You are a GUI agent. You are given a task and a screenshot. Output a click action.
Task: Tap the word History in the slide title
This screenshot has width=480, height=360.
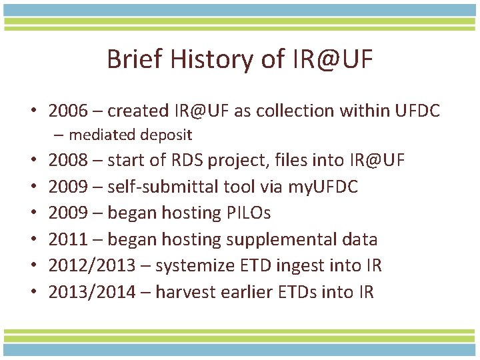tap(213, 60)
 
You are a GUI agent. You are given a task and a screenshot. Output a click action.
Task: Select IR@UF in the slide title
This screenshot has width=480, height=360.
tap(331, 60)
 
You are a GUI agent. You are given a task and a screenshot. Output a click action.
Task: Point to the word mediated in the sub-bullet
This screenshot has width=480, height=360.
tap(100, 135)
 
